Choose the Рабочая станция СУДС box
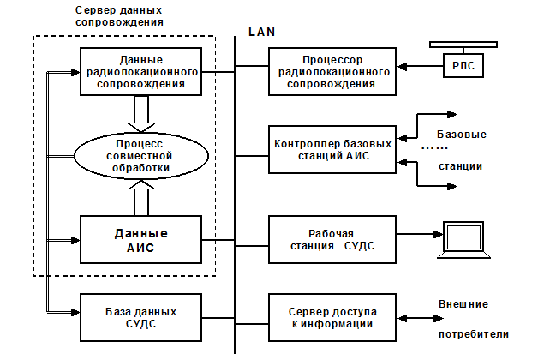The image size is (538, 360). [332, 239]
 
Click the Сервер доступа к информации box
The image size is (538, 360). [332, 316]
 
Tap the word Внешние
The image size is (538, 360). [463, 303]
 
